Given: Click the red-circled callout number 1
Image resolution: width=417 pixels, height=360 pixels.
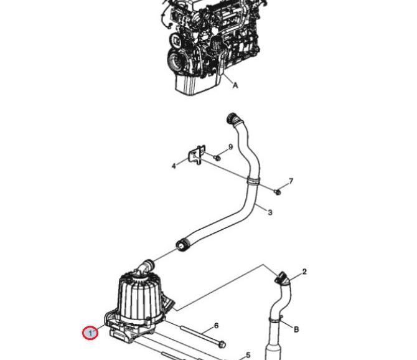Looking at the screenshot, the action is pyautogui.click(x=90, y=333).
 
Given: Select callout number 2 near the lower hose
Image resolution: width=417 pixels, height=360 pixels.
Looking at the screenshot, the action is pyautogui.click(x=304, y=272).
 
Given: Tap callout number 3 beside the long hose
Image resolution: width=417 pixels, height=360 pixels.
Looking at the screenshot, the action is pyautogui.click(x=270, y=212).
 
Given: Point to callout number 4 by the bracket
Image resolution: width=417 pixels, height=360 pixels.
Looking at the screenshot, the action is pyautogui.click(x=174, y=166).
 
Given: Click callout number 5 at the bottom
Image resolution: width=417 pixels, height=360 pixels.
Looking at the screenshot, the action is pyautogui.click(x=248, y=355).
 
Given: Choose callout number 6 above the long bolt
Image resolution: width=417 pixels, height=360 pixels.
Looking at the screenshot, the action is pyautogui.click(x=216, y=325).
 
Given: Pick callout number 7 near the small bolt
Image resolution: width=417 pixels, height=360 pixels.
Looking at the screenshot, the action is pyautogui.click(x=291, y=181).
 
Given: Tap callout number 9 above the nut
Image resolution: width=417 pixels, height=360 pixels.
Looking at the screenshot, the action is pyautogui.click(x=230, y=146).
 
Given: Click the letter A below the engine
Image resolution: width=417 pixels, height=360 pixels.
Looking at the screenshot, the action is pyautogui.click(x=235, y=85).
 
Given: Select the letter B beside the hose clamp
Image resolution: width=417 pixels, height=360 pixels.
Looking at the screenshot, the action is pyautogui.click(x=296, y=329).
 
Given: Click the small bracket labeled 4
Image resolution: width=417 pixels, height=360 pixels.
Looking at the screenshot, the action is pyautogui.click(x=197, y=154).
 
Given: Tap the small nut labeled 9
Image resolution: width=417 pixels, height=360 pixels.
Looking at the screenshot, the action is pyautogui.click(x=217, y=158).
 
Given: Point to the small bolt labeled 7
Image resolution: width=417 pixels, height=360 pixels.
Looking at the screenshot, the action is pyautogui.click(x=278, y=192).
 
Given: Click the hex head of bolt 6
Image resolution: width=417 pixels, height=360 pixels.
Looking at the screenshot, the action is pyautogui.click(x=222, y=344).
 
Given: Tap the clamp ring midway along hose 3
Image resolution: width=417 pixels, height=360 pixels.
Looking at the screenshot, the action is pyautogui.click(x=253, y=181).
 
